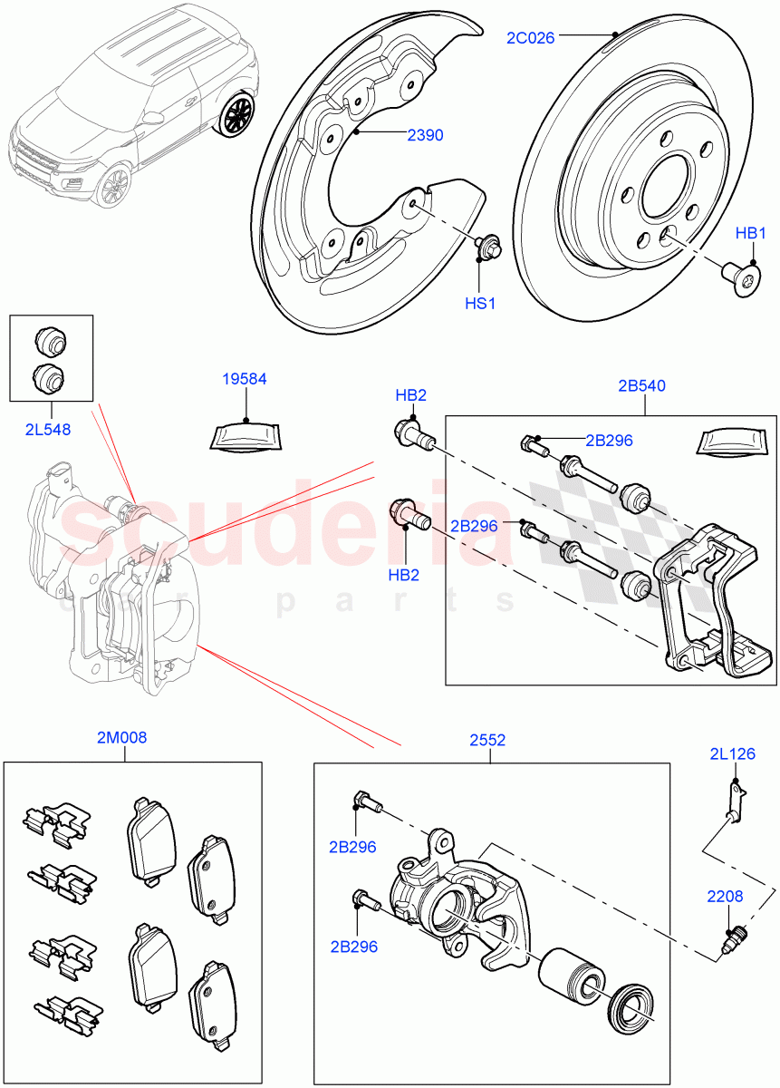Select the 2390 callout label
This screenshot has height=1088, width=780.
(425, 135)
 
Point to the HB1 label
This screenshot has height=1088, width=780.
(751, 233)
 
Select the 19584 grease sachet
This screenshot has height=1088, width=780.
(245, 436)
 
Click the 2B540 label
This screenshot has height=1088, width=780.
(641, 385)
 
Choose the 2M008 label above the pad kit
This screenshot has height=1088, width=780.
(121, 738)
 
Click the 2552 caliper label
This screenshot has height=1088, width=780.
(487, 740)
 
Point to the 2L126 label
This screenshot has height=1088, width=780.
(733, 753)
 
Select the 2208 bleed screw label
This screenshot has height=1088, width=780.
(725, 897)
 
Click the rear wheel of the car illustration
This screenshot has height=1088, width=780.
(238, 115)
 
